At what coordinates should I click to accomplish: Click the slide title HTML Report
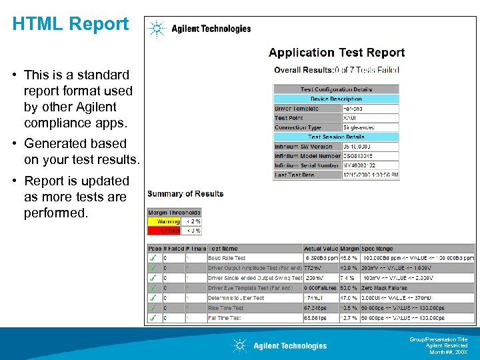[70, 24]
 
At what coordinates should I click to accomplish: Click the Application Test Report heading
[337, 53]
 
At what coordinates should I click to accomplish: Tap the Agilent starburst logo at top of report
[157, 29]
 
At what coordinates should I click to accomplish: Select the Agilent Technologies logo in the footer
[279, 345]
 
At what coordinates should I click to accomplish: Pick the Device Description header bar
[336, 99]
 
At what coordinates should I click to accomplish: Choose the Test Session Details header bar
[336, 137]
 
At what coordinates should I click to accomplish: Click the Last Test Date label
[294, 175]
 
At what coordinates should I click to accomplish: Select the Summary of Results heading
[185, 194]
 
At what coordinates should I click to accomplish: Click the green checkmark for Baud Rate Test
[154, 258]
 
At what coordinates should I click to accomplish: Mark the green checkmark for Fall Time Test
[154, 318]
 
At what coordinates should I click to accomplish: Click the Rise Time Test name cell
[226, 308]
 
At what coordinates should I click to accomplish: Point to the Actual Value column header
[321, 249]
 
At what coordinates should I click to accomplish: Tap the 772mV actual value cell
[313, 268]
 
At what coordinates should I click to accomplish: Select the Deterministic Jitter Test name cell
[236, 298]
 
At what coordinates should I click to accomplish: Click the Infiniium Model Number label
[307, 156]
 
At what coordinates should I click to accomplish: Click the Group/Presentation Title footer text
[443, 340]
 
